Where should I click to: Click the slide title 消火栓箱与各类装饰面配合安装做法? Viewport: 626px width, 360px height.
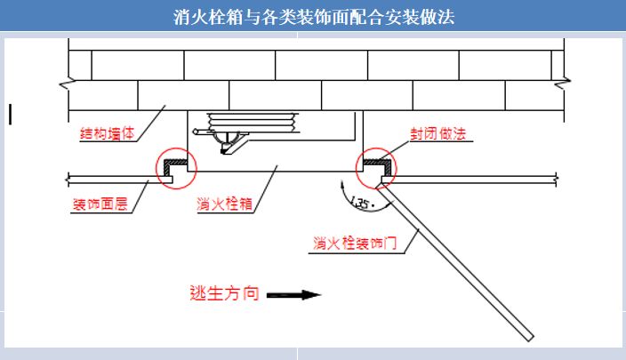(313, 17)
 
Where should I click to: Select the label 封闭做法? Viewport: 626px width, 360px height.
(437, 135)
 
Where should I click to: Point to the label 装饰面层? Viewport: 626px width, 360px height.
(100, 205)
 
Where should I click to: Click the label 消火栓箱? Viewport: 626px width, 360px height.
(225, 204)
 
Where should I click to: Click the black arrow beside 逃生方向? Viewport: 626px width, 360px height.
(293, 294)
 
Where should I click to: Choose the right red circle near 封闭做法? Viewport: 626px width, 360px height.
(376, 169)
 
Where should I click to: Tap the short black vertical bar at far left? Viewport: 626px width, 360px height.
(10, 113)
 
